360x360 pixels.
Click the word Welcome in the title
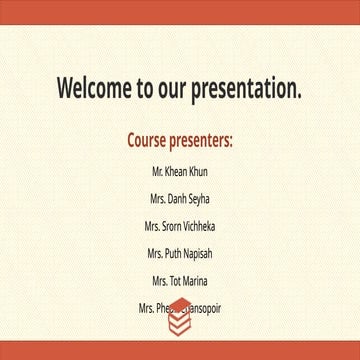[96, 89]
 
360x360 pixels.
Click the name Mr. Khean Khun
[180, 173]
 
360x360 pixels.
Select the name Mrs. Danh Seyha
[180, 200]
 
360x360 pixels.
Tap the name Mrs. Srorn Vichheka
[180, 227]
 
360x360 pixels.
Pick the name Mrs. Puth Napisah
[180, 254]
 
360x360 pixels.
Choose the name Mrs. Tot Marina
[180, 281]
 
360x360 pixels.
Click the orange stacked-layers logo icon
[179, 318]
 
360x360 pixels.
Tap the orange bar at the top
[180, 11]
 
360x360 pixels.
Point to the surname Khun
[198, 173]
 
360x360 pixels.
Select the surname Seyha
[197, 200]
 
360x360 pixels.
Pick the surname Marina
[194, 281]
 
